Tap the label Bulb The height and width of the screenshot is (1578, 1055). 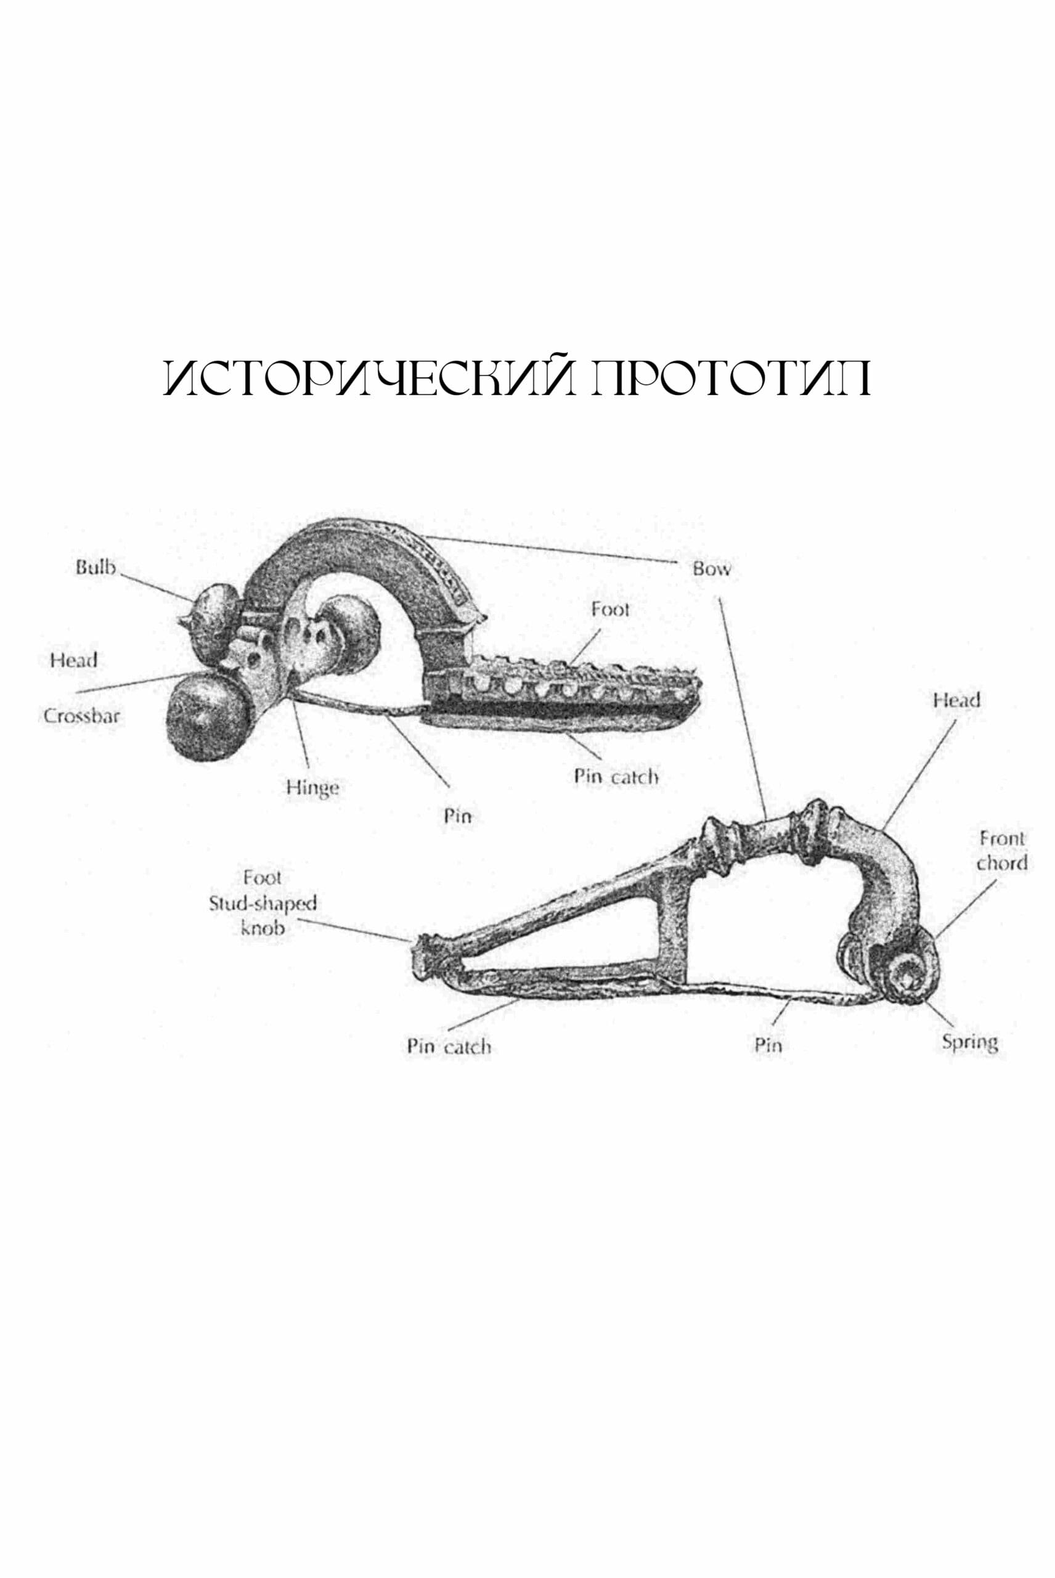96,568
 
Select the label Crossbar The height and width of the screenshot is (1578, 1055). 81,716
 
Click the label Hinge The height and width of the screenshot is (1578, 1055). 312,787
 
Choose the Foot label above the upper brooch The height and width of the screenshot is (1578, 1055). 610,610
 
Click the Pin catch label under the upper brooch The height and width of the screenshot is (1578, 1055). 616,777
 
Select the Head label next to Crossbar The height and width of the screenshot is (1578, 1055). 73,660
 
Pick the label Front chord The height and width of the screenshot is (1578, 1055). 1001,851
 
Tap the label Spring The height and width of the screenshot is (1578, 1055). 969,1043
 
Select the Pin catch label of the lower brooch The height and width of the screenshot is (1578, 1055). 449,1047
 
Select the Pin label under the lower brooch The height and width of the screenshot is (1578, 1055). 768,1045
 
